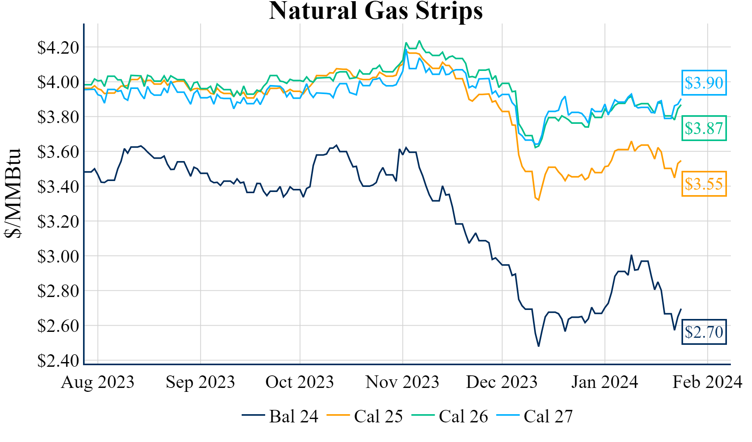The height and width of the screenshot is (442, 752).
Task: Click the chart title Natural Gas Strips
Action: tap(376, 11)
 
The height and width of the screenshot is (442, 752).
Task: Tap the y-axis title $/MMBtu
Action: tap(13, 193)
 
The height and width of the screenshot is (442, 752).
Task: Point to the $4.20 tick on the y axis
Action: tap(58, 47)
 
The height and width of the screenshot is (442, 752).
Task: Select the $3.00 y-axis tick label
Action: tap(58, 256)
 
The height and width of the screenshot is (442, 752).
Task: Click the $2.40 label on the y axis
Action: tap(58, 360)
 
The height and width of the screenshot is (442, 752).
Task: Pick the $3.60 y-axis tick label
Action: tap(58, 152)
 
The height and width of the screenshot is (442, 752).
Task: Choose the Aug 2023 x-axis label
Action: tap(98, 382)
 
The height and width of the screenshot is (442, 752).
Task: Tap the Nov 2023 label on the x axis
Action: tap(402, 382)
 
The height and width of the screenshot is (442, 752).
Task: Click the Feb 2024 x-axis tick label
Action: tap(707, 382)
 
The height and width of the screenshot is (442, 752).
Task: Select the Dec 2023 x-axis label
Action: tap(502, 382)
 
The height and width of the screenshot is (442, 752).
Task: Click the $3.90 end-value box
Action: tap(704, 83)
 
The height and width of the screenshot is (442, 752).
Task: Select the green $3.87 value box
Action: tap(704, 128)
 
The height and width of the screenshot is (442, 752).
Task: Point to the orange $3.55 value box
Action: tap(704, 184)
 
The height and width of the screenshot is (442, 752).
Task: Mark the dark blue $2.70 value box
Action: tap(704, 332)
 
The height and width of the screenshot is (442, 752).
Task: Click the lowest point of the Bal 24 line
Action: tap(539, 346)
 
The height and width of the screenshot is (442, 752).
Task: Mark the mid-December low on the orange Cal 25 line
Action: tap(539, 200)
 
